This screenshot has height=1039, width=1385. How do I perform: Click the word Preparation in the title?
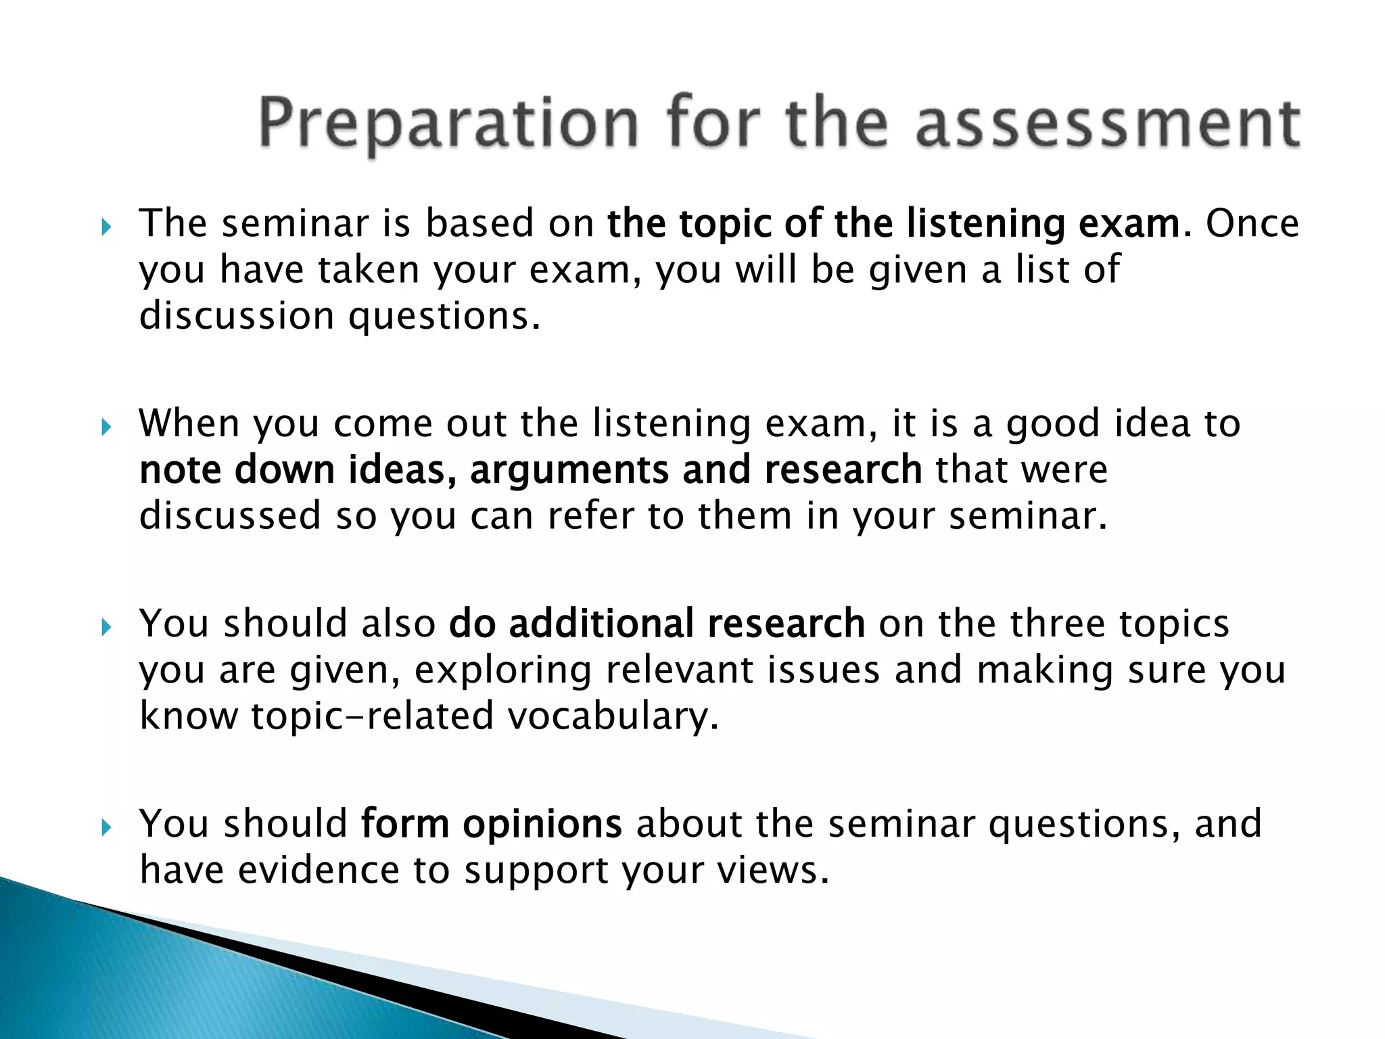(448, 124)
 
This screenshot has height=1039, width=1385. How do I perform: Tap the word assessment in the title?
(1107, 124)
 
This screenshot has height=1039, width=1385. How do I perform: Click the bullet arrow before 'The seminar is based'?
(105, 227)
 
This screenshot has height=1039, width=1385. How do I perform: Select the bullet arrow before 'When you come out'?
(105, 428)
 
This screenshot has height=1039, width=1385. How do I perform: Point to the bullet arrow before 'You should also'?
(105, 628)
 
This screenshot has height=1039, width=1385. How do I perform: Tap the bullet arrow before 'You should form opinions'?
(105, 827)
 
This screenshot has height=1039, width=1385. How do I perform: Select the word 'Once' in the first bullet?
(1252, 224)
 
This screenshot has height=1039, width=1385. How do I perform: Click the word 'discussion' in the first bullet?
(237, 316)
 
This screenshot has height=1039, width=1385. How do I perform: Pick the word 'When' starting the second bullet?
(189, 423)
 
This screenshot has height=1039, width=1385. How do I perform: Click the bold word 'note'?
(179, 469)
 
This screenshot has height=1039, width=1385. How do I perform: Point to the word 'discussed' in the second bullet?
(230, 515)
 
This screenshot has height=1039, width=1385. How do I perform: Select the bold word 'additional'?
(601, 624)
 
